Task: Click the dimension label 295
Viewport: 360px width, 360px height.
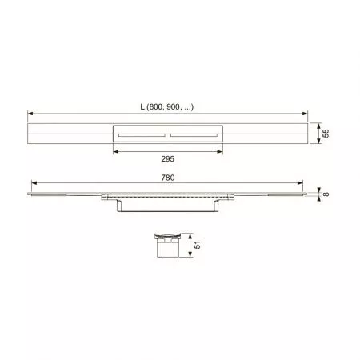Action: (167, 159)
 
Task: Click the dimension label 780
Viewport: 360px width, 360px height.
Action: (168, 178)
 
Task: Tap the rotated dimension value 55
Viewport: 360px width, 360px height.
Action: (326, 134)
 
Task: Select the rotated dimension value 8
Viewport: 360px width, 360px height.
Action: (326, 194)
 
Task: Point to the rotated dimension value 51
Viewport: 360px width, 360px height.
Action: (197, 245)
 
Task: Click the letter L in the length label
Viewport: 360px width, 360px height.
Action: (142, 107)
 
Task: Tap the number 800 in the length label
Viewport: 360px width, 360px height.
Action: (154, 107)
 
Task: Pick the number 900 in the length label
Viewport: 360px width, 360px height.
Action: (173, 107)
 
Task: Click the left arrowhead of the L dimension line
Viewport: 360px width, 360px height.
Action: (30, 114)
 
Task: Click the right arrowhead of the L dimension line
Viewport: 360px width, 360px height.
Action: (305, 114)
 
